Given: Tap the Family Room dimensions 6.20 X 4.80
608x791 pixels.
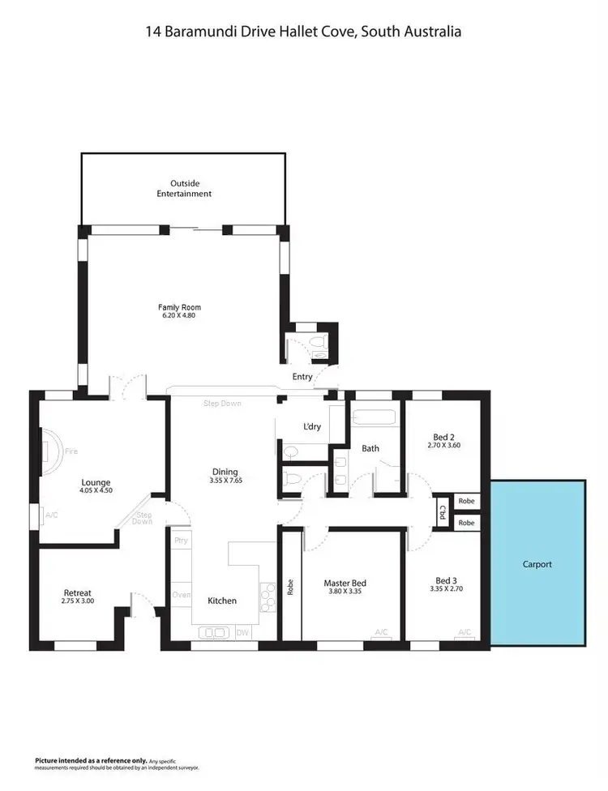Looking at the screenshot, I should point(179,315).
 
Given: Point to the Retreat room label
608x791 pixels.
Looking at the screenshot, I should point(78,592).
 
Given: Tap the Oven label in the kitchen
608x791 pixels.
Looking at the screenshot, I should point(181,595).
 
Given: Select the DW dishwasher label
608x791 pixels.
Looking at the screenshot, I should point(242,632).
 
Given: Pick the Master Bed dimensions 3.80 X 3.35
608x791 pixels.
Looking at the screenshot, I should point(345,592).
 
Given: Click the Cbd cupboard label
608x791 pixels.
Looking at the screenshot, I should point(443,512).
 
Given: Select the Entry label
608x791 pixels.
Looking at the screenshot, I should point(302,377).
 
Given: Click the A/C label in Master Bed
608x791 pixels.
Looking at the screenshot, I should point(381,632).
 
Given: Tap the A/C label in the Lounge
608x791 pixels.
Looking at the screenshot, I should point(52,515).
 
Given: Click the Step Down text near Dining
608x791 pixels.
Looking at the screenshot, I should point(223,403).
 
